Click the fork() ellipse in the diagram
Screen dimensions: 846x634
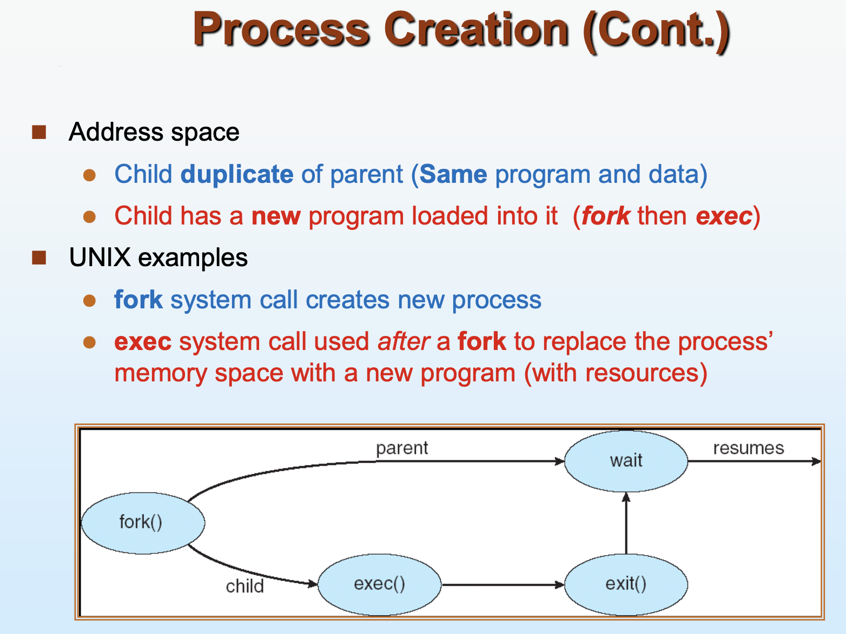[143, 523]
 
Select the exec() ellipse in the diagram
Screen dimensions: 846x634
[379, 585]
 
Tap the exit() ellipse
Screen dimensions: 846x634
[626, 585]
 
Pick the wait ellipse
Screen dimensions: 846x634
[626, 461]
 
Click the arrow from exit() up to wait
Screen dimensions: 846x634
[626, 524]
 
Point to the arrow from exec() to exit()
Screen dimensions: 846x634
[503, 585]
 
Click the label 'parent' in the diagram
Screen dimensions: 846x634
[402, 448]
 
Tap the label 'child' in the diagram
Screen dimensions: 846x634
[244, 586]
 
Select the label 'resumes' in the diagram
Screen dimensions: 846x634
[749, 448]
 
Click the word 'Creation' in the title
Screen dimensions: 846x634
[476, 29]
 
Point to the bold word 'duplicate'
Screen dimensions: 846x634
[237, 175]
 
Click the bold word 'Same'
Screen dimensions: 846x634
[453, 175]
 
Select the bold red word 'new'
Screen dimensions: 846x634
[276, 216]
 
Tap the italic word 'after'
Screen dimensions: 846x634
[404, 341]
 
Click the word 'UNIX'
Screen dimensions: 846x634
[100, 257]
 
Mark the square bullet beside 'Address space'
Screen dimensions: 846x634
[39, 132]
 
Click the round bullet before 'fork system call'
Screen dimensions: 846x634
[89, 300]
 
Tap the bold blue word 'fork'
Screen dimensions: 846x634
[138, 300]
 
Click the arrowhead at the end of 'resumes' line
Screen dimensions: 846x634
[816, 461]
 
